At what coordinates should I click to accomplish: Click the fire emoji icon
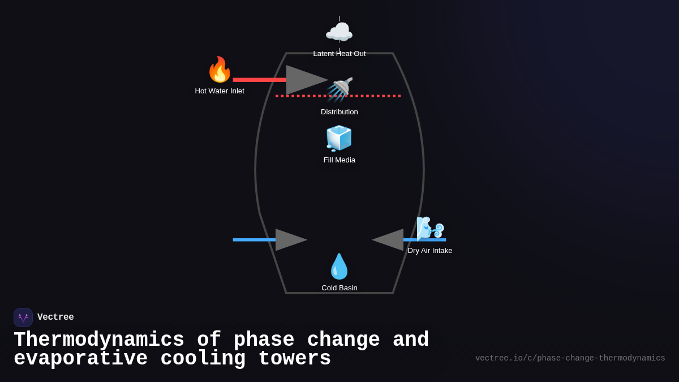tap(220, 70)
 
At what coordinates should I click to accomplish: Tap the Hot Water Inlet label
tap(220, 91)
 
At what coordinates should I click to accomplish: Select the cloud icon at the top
tap(339, 32)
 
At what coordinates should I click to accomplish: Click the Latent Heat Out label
tap(339, 54)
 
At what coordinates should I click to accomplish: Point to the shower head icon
tap(341, 89)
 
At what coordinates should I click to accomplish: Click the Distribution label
tap(339, 112)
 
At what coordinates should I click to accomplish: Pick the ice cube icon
tap(339, 139)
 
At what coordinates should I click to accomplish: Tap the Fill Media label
tap(339, 160)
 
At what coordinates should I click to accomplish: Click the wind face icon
tap(429, 229)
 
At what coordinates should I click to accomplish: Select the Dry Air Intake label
tap(430, 251)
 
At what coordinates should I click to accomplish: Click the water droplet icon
tap(339, 267)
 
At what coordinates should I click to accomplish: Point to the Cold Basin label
tap(339, 288)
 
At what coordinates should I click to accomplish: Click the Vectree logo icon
tap(23, 317)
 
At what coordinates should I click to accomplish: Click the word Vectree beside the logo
tap(55, 317)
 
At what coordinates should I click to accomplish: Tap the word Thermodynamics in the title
tap(99, 340)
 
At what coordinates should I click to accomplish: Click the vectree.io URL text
tap(570, 358)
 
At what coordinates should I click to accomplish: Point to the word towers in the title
tap(294, 359)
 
